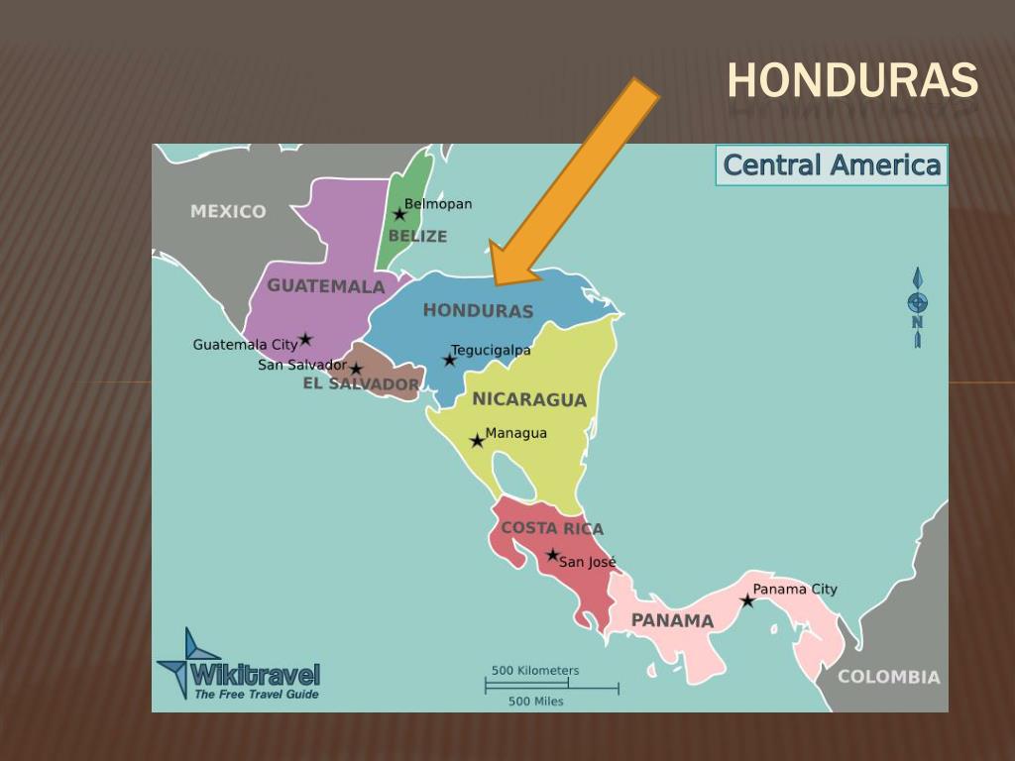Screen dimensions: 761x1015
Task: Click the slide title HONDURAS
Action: (x=852, y=80)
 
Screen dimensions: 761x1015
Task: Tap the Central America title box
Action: (x=832, y=164)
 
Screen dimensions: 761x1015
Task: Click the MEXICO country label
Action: (x=228, y=211)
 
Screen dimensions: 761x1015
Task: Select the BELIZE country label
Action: (x=417, y=236)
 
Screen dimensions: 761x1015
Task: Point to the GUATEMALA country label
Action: (x=326, y=286)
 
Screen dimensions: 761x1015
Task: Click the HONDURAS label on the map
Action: (x=478, y=310)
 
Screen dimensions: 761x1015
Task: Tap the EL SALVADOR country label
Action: (x=361, y=383)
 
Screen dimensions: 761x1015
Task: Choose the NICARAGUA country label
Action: (x=529, y=399)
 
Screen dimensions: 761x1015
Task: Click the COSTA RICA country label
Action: (x=552, y=528)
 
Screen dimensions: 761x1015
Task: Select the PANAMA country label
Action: (x=672, y=620)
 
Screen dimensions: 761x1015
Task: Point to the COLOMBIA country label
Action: (x=889, y=677)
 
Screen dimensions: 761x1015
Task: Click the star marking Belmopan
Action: (x=399, y=214)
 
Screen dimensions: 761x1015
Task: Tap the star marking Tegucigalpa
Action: (x=449, y=360)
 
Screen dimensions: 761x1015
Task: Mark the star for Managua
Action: (x=477, y=440)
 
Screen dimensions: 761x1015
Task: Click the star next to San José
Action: (x=552, y=555)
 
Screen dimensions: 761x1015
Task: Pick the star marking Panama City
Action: (x=747, y=600)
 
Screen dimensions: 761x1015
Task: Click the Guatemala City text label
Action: (x=245, y=345)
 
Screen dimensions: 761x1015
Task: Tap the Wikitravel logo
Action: (x=238, y=666)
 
